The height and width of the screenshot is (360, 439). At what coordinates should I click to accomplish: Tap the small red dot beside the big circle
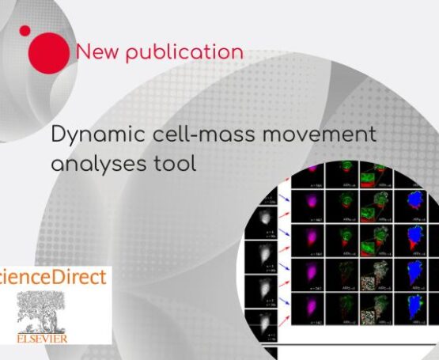(x=25, y=31)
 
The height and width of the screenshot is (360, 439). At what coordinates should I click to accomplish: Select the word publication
(x=184, y=53)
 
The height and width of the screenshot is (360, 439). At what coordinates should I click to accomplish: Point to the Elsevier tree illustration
(x=44, y=313)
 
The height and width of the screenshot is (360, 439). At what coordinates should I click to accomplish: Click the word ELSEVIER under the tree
(x=43, y=339)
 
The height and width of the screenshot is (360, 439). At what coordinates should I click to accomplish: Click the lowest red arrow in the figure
(x=282, y=304)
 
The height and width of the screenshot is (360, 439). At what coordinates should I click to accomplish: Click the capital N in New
(x=83, y=52)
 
